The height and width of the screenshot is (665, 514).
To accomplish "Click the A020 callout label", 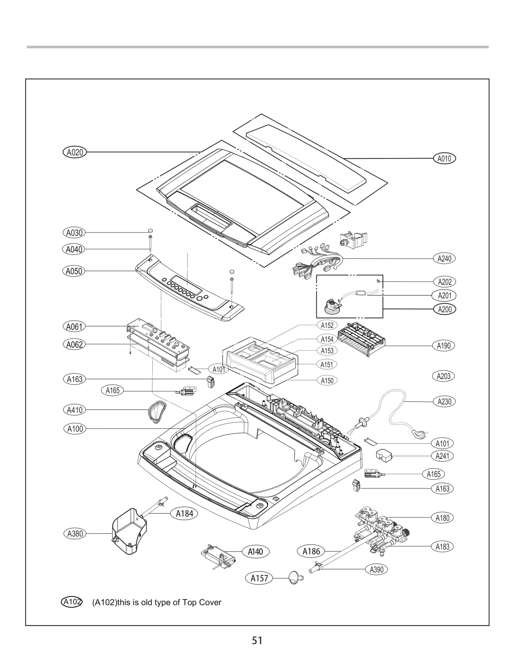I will pos(75,152).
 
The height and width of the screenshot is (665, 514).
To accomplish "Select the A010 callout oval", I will pos(444,158).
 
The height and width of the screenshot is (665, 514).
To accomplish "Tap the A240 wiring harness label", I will pos(444,258).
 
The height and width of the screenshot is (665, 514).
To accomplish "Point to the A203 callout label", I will pos(443,376).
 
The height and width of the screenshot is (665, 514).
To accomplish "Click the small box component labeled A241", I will pos(384,456).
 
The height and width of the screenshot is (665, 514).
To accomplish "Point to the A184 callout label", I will pos(184,514).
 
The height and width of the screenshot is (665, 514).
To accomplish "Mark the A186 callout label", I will pos(311,551).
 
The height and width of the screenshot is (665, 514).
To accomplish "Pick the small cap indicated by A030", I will pos(150,231).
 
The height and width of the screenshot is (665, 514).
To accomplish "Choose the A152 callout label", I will pos(327,325).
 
